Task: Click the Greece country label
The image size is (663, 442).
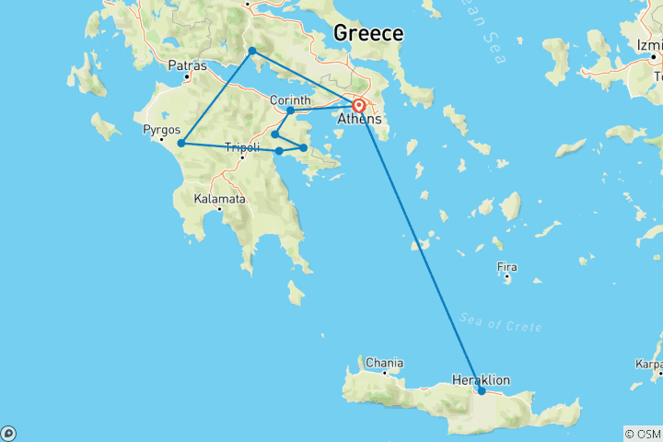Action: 367,33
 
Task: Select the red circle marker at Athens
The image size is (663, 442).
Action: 359,105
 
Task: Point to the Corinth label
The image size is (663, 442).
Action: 291,99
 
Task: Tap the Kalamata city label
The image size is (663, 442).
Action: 219,198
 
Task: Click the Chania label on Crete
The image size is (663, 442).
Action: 384,362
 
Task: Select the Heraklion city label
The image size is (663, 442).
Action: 481,379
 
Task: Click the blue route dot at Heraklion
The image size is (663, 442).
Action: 482,391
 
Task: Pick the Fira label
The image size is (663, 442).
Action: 507,267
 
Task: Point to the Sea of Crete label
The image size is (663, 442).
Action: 507,323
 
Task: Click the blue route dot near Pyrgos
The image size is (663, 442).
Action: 181,143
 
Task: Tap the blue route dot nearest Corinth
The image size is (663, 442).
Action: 290,110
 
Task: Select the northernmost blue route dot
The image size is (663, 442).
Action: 252,51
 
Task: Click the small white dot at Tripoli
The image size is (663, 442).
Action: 243,157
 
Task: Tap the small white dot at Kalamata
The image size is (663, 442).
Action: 219,209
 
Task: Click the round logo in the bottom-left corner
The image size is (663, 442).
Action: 8,433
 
